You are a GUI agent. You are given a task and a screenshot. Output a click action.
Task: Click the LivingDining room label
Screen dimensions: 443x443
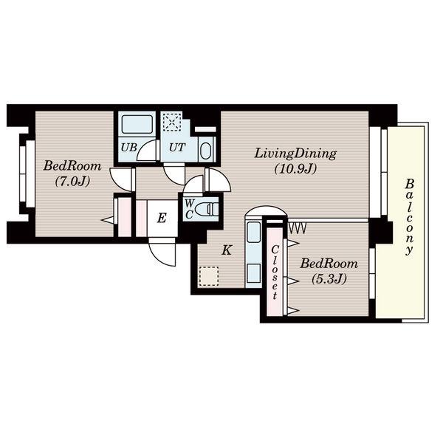click(295, 154)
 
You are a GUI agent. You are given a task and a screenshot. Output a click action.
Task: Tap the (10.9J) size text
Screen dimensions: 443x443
click(295, 169)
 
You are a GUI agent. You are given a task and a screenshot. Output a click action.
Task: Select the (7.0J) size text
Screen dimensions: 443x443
click(72, 181)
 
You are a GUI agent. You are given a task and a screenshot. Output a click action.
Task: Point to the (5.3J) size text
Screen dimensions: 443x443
click(329, 279)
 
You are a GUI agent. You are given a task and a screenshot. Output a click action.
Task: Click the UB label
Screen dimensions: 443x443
click(128, 147)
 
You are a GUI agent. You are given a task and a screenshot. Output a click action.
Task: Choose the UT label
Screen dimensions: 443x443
click(177, 147)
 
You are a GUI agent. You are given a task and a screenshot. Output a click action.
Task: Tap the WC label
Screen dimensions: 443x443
click(190, 209)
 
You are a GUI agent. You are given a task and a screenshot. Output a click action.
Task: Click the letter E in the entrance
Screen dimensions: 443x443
click(162, 218)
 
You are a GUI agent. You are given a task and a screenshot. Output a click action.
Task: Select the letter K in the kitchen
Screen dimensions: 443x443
click(227, 250)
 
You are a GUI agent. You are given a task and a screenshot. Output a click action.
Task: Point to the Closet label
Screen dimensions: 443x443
click(275, 272)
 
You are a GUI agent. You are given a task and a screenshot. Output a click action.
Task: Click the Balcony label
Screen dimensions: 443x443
click(409, 216)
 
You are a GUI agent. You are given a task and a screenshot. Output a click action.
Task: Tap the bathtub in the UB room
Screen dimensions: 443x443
click(137, 124)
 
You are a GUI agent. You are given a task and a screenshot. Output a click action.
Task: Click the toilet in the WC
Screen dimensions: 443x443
click(207, 209)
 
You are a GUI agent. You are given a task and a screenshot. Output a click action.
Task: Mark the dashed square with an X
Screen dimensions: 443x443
click(172, 122)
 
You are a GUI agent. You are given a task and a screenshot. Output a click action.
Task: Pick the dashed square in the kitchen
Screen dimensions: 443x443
click(209, 276)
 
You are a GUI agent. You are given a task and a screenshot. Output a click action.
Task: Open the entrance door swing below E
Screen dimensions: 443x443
click(162, 252)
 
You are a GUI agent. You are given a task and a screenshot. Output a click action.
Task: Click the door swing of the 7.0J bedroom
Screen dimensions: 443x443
click(121, 180)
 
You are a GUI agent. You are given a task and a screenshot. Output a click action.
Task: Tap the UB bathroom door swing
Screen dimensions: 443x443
click(148, 151)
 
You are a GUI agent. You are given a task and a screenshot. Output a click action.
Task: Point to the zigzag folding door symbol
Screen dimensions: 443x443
click(297, 229)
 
